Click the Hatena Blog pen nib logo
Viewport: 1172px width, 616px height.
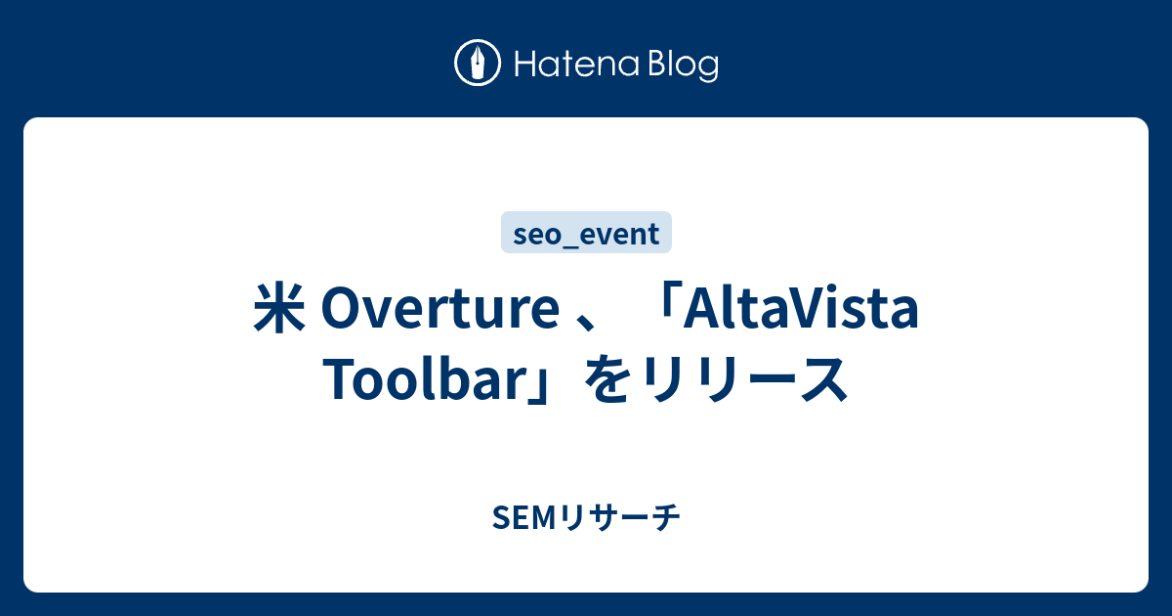pyautogui.click(x=478, y=63)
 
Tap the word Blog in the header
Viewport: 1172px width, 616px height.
pyautogui.click(x=684, y=66)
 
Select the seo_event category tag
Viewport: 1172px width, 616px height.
pyautogui.click(x=586, y=233)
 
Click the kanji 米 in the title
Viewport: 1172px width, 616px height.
pyautogui.click(x=279, y=308)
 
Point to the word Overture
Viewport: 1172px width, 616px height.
pyautogui.click(x=440, y=309)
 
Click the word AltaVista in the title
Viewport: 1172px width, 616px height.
pyautogui.click(x=801, y=308)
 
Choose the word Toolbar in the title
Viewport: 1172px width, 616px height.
pyautogui.click(x=427, y=378)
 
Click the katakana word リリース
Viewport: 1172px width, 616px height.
pyautogui.click(x=744, y=378)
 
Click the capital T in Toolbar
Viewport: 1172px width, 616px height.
pyautogui.click(x=340, y=378)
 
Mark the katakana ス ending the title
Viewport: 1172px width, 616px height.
pyautogui.click(x=823, y=379)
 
